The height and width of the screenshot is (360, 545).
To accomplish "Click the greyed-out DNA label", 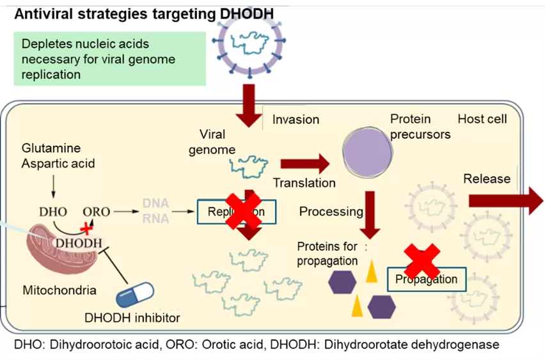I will coord(156,203).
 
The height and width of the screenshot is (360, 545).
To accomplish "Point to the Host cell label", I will coord(482,119).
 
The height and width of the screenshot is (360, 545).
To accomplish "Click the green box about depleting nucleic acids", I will coord(109,59).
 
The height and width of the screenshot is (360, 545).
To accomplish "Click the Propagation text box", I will coord(426,279).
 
